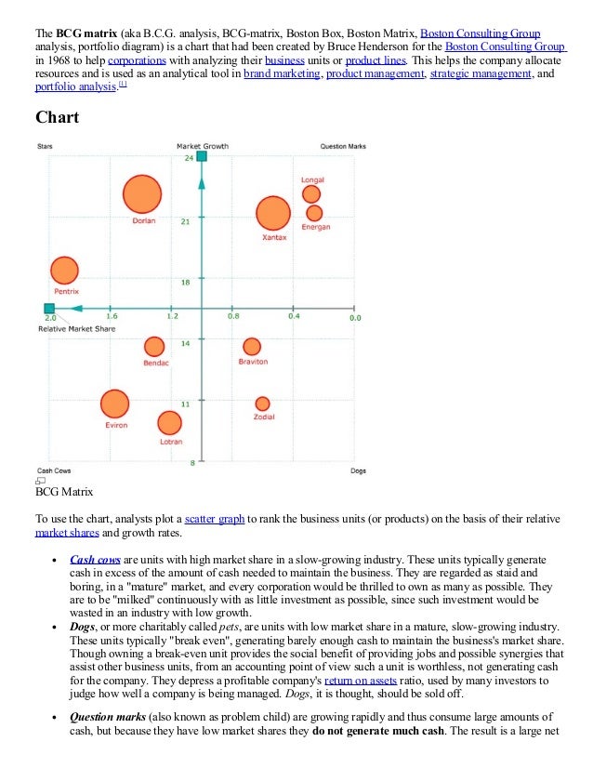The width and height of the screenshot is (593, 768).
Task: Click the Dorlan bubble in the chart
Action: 143,195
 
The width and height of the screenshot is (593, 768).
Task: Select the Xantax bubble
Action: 272,213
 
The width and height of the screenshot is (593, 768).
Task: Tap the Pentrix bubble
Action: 64,270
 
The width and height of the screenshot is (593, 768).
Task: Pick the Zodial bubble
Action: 263,403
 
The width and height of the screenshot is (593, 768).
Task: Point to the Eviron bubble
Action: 114,404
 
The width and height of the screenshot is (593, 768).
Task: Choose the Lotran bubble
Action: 169,423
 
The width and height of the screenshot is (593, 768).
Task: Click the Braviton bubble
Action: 252,347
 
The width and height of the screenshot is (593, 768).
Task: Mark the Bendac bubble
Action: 154,347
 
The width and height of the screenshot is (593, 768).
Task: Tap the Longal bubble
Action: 311,193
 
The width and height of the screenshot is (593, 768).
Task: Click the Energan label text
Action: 315,227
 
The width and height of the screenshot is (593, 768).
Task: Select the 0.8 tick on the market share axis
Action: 233,316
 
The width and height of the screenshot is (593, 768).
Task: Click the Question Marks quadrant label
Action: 343,146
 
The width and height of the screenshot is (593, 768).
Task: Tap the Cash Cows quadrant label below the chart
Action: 54,470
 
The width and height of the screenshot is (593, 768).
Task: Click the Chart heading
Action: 57,117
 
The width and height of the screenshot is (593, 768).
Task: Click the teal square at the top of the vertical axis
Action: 202,156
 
